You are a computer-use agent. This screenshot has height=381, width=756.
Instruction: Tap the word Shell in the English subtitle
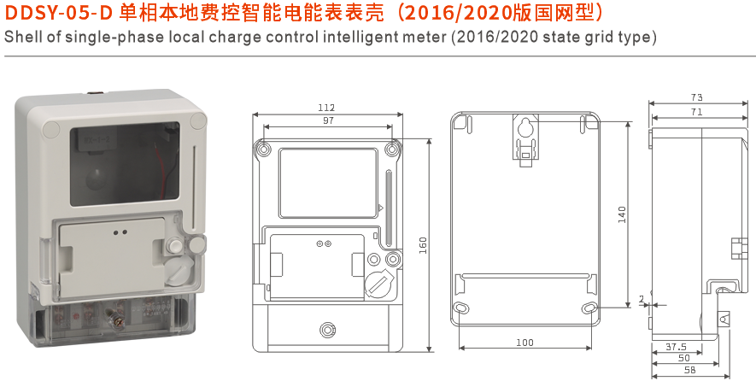coord(22,38)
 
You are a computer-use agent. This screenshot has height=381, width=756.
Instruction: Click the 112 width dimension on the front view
coord(326,108)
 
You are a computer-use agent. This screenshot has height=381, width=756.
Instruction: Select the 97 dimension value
coord(328,121)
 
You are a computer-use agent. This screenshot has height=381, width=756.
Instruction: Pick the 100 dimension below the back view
coord(525,343)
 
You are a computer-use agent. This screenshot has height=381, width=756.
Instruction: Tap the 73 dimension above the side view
coord(697,97)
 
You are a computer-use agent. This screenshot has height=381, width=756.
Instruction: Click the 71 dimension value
coord(697,112)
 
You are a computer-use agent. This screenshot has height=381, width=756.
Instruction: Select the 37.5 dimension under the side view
coord(676,346)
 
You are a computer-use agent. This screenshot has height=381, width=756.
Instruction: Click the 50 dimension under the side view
coord(683,358)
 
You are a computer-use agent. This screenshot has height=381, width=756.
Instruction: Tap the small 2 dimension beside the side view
coord(642,299)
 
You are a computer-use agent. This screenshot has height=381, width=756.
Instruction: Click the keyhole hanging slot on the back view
coord(525,131)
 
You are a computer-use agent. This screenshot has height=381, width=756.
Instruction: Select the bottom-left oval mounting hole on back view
coord(461,308)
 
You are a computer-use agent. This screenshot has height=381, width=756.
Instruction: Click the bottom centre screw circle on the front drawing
coord(326,330)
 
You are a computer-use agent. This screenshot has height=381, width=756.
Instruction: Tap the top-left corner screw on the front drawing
coord(264,150)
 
